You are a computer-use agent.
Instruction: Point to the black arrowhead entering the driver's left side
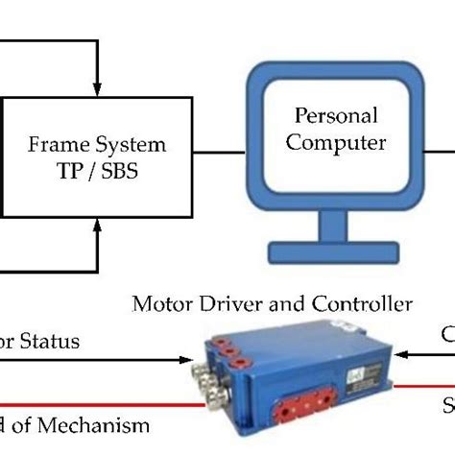[187, 360]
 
